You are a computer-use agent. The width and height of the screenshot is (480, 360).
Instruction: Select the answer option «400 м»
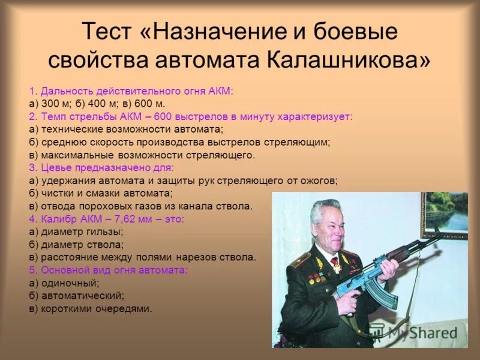91,103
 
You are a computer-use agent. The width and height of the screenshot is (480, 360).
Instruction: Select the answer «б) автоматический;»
77,296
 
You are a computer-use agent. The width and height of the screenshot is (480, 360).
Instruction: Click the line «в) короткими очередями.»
91,309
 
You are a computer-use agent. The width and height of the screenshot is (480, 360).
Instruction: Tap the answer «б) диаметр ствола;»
77,244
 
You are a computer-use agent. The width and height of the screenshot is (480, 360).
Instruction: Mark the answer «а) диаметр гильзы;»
76,232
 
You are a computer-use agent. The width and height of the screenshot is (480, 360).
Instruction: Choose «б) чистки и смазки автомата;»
101,193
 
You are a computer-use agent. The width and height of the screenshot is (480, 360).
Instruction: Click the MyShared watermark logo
414,332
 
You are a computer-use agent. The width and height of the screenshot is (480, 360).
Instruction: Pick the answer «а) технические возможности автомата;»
126,129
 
